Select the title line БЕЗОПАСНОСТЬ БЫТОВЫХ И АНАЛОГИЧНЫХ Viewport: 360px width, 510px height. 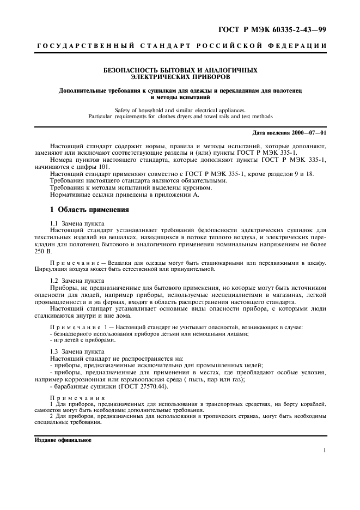[180, 70]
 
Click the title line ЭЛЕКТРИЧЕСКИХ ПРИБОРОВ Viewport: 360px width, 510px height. [180, 77]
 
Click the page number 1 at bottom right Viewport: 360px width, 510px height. [324, 451]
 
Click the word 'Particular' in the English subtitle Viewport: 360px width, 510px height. [102, 116]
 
